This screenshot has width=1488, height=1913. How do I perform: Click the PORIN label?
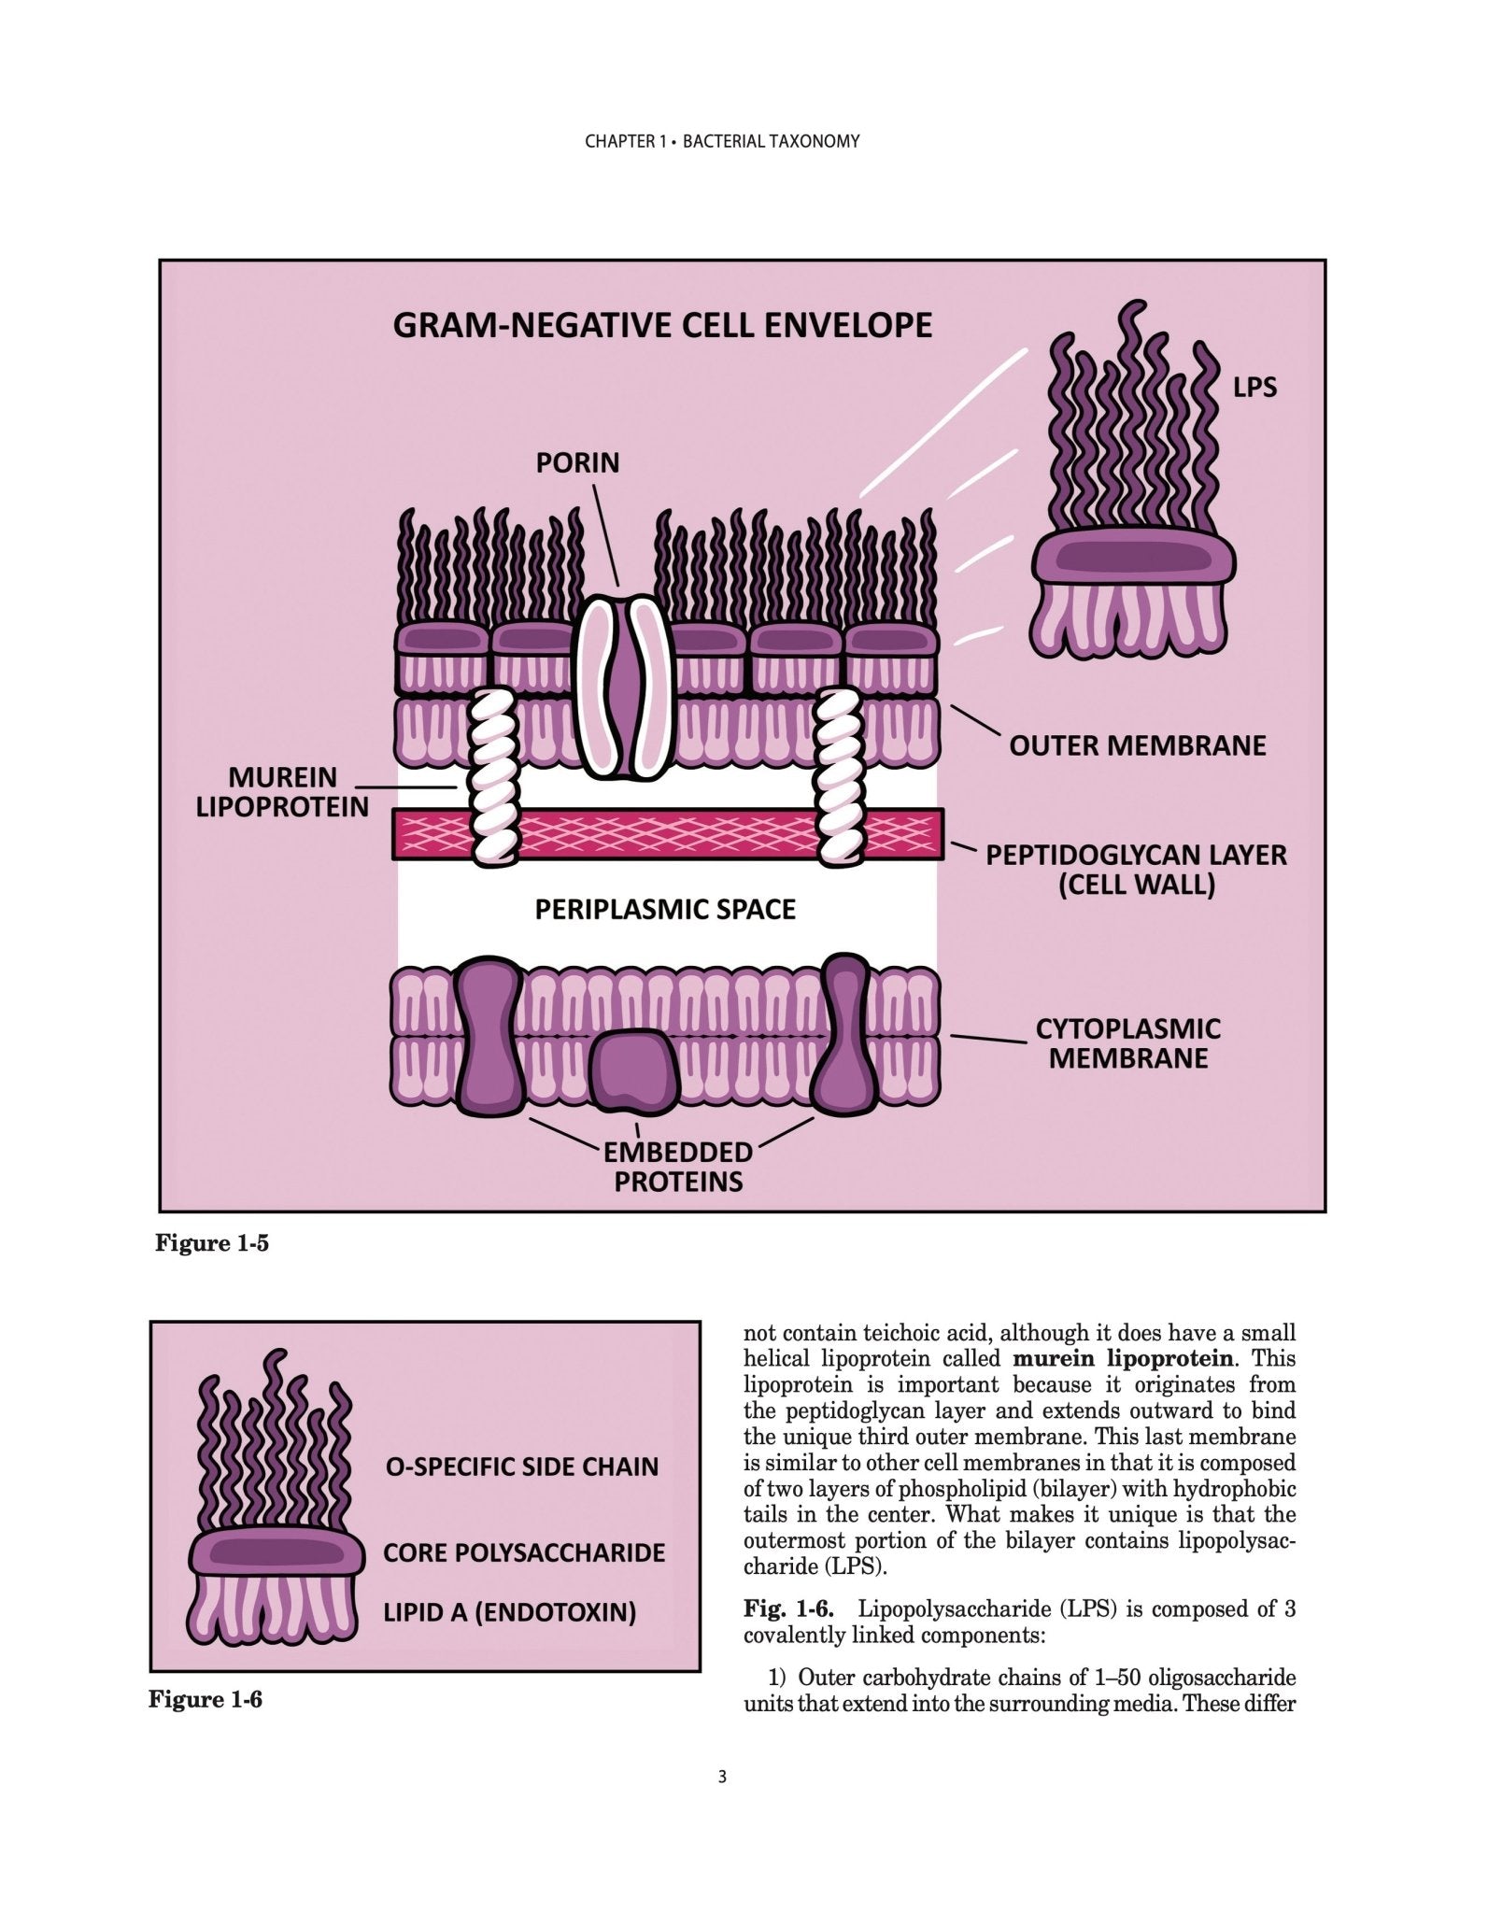[x=577, y=463]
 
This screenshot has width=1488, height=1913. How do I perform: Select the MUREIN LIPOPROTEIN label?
[x=282, y=792]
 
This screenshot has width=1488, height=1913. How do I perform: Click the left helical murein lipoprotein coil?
[x=493, y=773]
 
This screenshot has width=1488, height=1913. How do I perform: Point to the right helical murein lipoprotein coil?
[x=839, y=773]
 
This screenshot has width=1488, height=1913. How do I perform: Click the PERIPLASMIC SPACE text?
[x=665, y=910]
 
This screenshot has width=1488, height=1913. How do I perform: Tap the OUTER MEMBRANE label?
[x=1138, y=745]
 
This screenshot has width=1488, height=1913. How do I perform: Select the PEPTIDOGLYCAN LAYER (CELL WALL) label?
[x=1136, y=870]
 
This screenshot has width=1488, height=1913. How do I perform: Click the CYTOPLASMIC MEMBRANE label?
[x=1127, y=1043]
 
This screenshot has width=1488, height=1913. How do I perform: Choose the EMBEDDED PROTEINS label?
[x=678, y=1167]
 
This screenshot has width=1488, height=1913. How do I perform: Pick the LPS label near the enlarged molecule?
[x=1254, y=388]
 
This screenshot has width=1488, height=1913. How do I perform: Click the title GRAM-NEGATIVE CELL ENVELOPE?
[x=662, y=325]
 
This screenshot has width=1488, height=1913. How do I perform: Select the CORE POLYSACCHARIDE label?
[x=524, y=1553]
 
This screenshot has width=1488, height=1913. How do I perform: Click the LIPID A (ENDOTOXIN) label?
[x=510, y=1612]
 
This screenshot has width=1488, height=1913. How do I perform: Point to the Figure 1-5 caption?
[x=212, y=1243]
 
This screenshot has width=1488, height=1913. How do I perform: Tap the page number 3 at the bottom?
[x=721, y=1804]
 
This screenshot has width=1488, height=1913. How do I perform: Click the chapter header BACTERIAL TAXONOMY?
[x=771, y=142]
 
